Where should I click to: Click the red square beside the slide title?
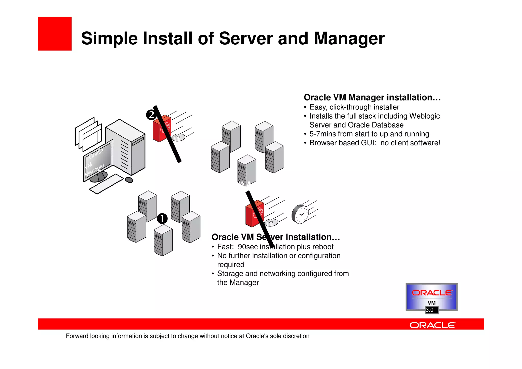point(55,34)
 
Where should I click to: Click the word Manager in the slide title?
point(349,39)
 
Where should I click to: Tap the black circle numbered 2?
point(151,115)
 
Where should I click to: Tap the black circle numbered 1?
point(162,219)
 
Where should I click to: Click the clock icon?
point(300,214)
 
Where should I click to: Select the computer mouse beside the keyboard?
point(129,180)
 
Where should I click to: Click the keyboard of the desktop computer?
point(106,184)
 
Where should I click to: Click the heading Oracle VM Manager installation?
point(372,97)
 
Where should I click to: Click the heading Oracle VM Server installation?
point(276,237)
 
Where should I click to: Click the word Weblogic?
point(424,116)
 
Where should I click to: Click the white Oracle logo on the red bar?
point(432,325)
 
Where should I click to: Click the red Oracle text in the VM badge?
point(432,293)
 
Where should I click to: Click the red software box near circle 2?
point(162,129)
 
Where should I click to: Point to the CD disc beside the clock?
point(271,222)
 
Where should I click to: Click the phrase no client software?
point(410,143)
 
